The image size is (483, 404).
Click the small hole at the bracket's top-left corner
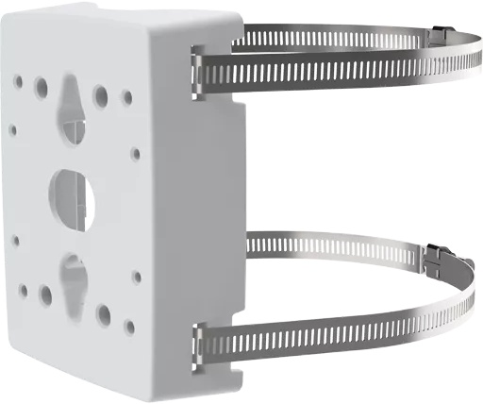pyautogui.click(x=19, y=81)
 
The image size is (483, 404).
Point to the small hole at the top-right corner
pyautogui.click(x=127, y=96)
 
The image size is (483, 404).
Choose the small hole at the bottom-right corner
pyautogui.click(x=130, y=326)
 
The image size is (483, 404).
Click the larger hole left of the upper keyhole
pyautogui.click(x=42, y=88)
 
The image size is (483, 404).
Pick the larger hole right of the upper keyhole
pyautogui.click(x=100, y=95)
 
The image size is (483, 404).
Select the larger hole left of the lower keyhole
pyautogui.click(x=45, y=295)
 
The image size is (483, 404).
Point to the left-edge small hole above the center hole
pyautogui.click(x=13, y=130)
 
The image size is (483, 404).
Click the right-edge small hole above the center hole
pyautogui.click(x=136, y=153)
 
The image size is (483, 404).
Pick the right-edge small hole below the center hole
pyautogui.click(x=137, y=278)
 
